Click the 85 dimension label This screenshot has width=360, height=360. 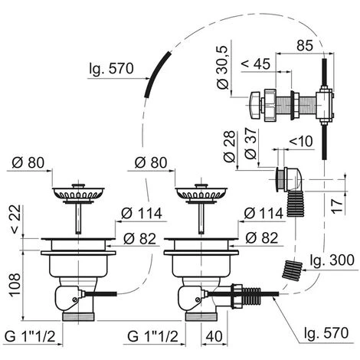point(305,45)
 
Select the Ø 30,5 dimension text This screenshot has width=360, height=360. point(223,67)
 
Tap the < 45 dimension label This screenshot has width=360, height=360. point(256,64)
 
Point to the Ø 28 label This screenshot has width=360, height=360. point(229,146)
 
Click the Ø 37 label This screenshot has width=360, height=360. point(250,144)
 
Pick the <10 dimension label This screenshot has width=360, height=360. point(301,141)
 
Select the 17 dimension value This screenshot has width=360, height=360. point(337,206)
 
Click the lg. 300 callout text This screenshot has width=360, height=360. point(332,260)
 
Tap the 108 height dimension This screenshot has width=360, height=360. point(15,285)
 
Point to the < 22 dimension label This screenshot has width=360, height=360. point(15,219)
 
